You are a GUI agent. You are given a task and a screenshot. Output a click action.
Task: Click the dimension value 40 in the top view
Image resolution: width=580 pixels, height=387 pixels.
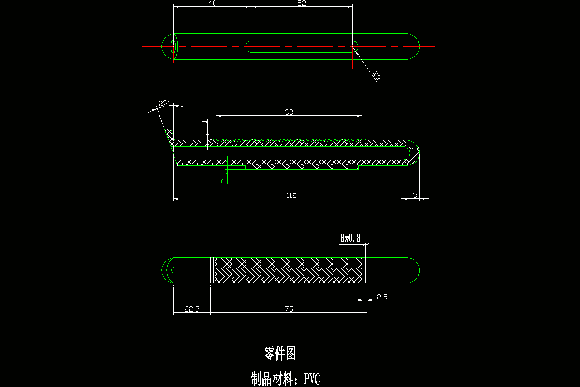tap(212, 3)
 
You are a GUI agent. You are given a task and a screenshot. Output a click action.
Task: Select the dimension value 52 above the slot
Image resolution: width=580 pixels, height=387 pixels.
tap(301, 3)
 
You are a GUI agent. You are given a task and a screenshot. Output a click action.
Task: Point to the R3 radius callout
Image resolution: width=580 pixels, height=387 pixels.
tap(377, 76)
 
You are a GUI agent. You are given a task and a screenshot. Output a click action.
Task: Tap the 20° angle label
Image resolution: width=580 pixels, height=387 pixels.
tap(164, 103)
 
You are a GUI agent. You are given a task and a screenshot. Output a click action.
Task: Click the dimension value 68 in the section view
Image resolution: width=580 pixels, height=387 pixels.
tap(289, 112)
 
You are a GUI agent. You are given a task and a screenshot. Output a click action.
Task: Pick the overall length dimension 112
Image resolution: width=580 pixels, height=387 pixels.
tap(291, 195)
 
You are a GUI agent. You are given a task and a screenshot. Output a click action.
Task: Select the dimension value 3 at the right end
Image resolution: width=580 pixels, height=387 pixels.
tap(415, 195)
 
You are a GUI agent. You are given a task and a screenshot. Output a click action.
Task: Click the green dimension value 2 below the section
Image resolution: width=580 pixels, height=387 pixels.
tap(223, 180)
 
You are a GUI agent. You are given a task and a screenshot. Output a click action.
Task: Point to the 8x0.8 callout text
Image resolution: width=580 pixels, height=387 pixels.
tap(350, 238)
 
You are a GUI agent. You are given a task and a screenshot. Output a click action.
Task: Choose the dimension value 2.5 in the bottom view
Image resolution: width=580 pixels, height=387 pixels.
tap(382, 297)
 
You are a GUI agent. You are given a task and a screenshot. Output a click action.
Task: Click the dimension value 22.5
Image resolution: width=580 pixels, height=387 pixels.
tap(192, 309)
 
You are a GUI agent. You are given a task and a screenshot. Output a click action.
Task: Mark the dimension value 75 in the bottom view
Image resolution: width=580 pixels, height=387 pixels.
tap(289, 309)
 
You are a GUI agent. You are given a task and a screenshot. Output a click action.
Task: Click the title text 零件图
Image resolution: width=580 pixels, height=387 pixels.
tap(280, 354)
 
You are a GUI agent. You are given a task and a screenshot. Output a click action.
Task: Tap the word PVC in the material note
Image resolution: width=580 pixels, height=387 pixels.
tap(312, 378)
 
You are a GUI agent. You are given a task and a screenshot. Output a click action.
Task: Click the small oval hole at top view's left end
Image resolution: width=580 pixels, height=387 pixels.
tap(174, 46)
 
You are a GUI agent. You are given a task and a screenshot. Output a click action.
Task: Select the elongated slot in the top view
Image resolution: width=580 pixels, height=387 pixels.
tap(302, 46)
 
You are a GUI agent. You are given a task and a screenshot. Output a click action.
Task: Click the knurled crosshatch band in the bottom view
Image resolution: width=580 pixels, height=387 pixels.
tap(289, 270)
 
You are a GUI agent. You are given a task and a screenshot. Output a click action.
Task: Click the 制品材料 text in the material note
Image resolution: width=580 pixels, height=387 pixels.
tap(274, 378)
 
